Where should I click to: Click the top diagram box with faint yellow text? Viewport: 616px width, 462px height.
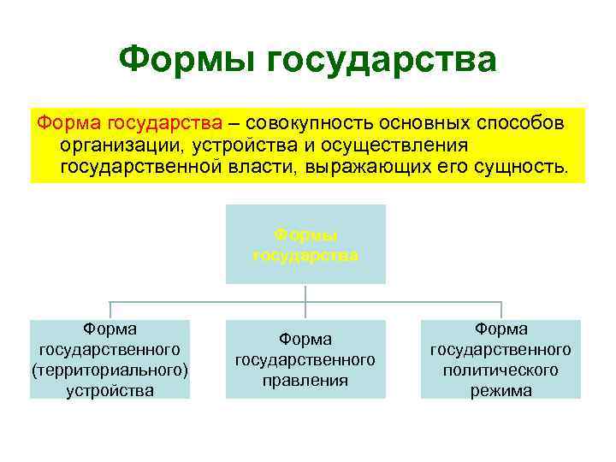pos(305,244)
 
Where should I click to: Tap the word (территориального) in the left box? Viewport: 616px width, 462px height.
pos(110,370)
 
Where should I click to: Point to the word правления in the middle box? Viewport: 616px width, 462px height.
pos(305,381)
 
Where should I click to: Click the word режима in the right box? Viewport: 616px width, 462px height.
pos(500,391)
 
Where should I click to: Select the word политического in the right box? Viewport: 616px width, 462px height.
pos(500,370)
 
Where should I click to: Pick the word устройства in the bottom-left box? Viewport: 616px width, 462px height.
pos(110,391)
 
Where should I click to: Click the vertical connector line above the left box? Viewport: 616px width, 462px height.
pos(110,311)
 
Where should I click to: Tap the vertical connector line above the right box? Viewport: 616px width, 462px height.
pos(500,311)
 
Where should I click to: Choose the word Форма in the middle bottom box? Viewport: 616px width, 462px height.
pos(305,340)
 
